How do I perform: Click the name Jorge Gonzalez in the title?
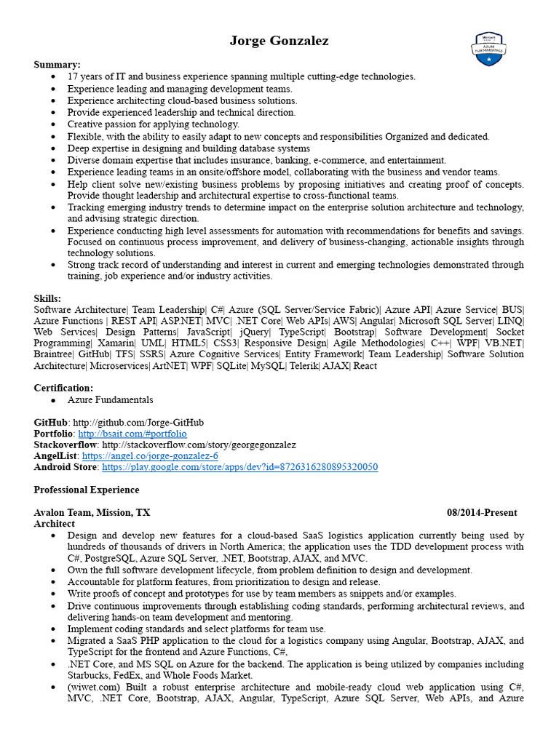pyautogui.click(x=279, y=41)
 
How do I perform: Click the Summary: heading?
pyautogui.click(x=58, y=65)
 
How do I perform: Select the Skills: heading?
pyautogui.click(x=48, y=298)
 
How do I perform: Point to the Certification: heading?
pyautogui.click(x=63, y=388)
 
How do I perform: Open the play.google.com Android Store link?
pyautogui.click(x=239, y=466)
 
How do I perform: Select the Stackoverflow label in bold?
pyautogui.click(x=66, y=445)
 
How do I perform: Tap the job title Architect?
pyautogui.click(x=55, y=523)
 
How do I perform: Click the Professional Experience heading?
pyautogui.click(x=87, y=490)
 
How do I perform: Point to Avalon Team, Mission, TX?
pyautogui.click(x=92, y=512)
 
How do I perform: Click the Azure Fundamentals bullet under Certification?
pyautogui.click(x=110, y=400)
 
